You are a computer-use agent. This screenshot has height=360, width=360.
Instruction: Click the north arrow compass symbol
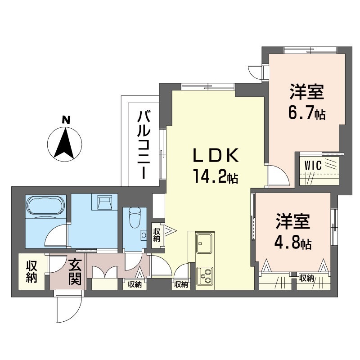pyautogui.click(x=64, y=144)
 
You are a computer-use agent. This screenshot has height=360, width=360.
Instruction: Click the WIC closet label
pyautogui.click(x=313, y=165)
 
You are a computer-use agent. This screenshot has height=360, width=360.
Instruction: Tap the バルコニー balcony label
pyautogui.click(x=144, y=144)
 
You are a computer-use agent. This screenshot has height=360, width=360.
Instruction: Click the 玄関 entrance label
pyautogui.click(x=75, y=272)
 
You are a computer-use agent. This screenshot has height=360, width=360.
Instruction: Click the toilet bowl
pyautogui.click(x=134, y=217)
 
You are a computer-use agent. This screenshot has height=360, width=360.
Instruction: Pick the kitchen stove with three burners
pyautogui.click(x=205, y=276)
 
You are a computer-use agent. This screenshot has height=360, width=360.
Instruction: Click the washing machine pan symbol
pyautogui.click(x=105, y=202)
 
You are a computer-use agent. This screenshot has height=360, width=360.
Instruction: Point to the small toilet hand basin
pyautogui.click(x=144, y=235)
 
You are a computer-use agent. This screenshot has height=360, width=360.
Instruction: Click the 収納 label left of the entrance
pyautogui.click(x=31, y=272)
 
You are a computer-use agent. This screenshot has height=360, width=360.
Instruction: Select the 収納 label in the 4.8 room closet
pyautogui.click(x=306, y=279)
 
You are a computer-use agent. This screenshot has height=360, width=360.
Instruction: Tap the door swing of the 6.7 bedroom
pyautogui.click(x=279, y=175)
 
